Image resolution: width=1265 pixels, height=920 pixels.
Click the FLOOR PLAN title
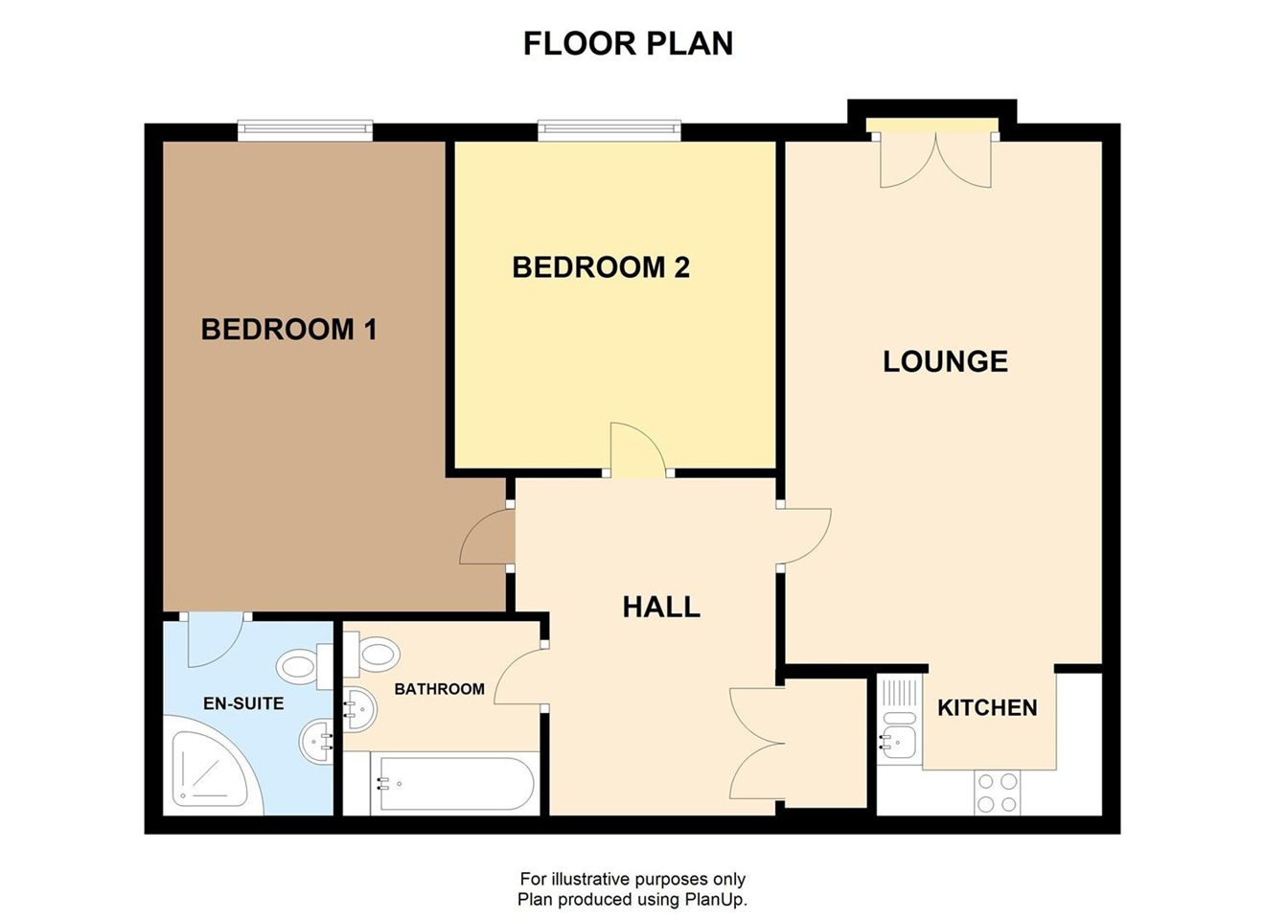pyautogui.click(x=628, y=44)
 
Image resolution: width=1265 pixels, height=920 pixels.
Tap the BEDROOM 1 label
pyautogui.click(x=288, y=330)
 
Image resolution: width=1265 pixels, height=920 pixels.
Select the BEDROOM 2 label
pyautogui.click(x=601, y=267)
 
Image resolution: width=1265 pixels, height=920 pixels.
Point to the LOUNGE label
pyautogui.click(x=945, y=361)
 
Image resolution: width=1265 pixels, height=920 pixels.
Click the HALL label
pyautogui.click(x=661, y=607)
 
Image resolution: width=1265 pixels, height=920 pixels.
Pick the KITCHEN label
pyautogui.click(x=987, y=708)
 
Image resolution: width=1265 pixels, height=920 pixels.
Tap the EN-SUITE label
pyautogui.click(x=243, y=703)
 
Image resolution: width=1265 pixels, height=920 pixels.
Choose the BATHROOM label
pyautogui.click(x=439, y=689)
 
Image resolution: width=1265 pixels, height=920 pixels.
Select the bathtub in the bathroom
pyautogui.click(x=453, y=783)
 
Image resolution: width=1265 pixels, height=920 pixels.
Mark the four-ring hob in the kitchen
pyautogui.click(x=997, y=793)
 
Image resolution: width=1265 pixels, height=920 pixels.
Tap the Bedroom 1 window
pyautogui.click(x=305, y=129)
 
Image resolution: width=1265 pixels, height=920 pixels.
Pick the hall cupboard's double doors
pyautogui.click(x=756, y=744)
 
